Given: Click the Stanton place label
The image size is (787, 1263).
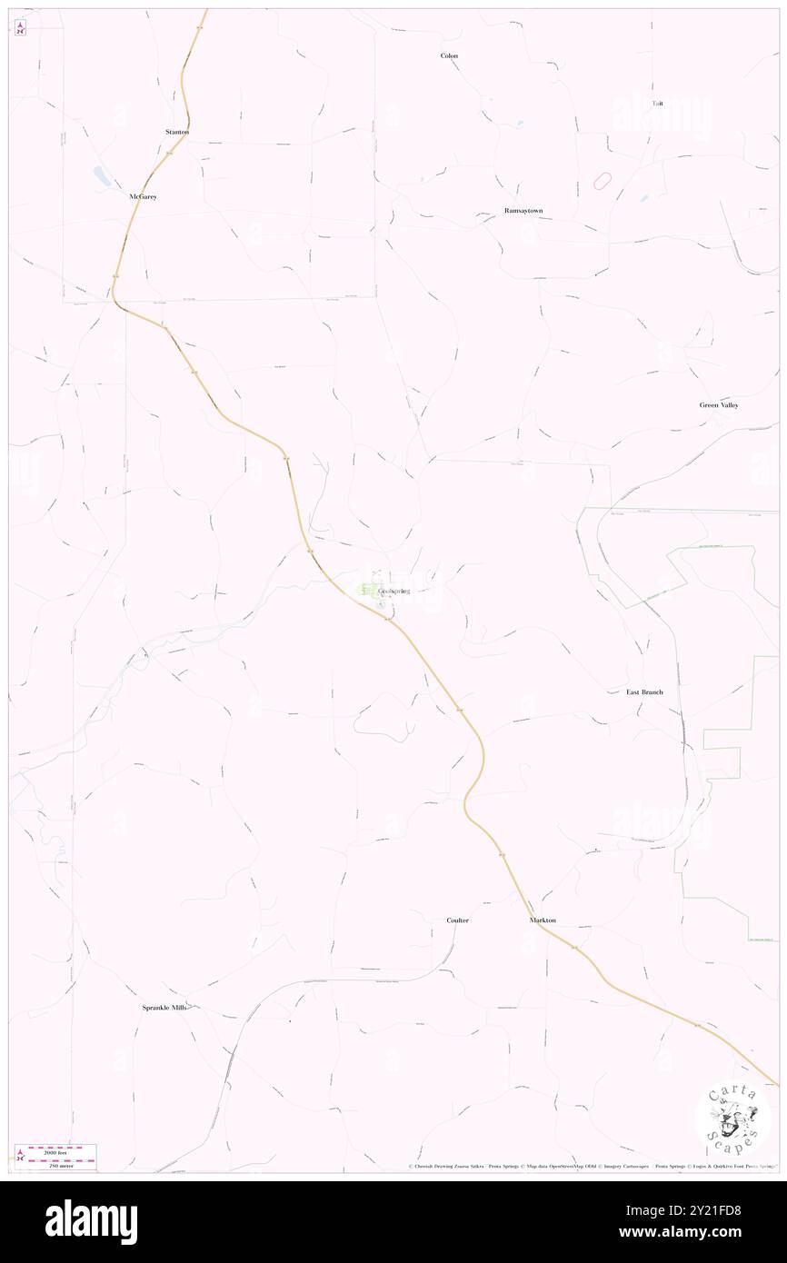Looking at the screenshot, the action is tap(176, 132).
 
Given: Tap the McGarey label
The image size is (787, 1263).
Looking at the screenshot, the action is tap(143, 196).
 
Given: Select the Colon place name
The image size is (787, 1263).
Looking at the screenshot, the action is tap(449, 55).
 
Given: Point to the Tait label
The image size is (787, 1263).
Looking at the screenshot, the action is tap(657, 104).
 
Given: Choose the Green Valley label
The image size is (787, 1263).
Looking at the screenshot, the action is tap(719, 404).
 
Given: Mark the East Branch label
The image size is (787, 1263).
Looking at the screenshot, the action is tap(644, 692).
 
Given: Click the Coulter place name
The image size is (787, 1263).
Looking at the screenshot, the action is tap(457, 920).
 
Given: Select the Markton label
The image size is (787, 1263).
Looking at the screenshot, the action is tap(543, 920).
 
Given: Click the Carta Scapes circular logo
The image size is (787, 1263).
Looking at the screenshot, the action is tap(732, 1117).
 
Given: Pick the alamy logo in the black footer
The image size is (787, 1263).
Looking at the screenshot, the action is tap(91, 1222).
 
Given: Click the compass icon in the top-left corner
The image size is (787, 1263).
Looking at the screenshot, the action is tap(20, 28).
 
